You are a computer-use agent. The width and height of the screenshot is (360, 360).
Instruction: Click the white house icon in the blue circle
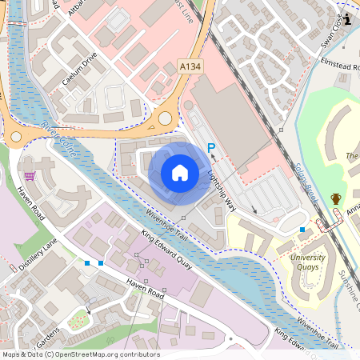tap(180, 172)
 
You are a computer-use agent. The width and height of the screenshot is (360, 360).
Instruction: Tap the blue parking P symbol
tap(212, 148)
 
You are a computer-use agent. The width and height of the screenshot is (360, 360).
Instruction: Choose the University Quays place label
tap(308, 262)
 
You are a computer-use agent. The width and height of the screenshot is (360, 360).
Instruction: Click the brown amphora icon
tap(336, 198)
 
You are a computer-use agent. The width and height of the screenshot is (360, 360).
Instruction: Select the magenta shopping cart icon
tap(30, 176)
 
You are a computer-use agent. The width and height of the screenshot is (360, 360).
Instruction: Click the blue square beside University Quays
tap(302, 230)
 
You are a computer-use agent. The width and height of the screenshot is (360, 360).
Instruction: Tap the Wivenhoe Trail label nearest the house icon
tap(166, 226)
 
